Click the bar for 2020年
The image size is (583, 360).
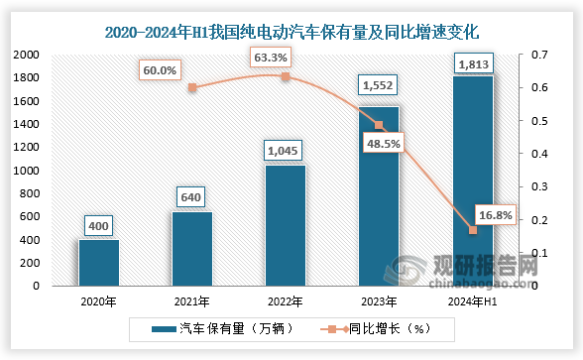click(x=98, y=263)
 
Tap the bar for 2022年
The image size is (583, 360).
click(x=286, y=225)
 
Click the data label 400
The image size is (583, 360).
click(x=98, y=226)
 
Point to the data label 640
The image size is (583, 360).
click(x=192, y=197)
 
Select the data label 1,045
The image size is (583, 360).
click(x=286, y=151)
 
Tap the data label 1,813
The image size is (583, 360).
click(x=472, y=62)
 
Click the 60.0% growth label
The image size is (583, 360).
click(x=161, y=70)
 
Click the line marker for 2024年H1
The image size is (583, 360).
click(x=473, y=230)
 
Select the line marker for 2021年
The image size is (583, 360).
click(x=192, y=87)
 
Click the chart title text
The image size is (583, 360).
click(x=291, y=32)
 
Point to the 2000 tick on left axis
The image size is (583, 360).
click(x=26, y=56)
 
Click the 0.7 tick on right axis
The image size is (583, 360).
click(x=541, y=56)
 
